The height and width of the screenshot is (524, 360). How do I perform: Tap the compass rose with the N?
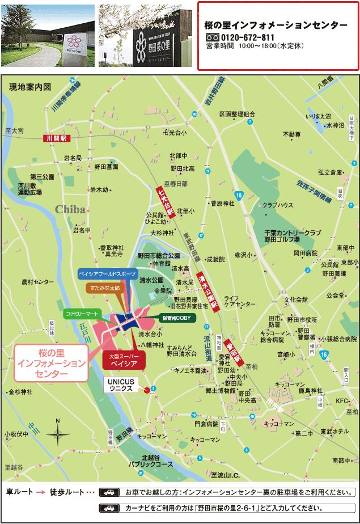(57, 434)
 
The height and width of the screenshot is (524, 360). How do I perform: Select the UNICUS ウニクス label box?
(121, 385)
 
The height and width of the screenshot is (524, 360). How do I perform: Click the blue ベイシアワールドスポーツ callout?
(107, 273)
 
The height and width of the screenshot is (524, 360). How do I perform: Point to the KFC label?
(341, 401)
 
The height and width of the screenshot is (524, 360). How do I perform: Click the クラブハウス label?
(277, 205)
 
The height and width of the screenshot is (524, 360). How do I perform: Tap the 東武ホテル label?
(334, 432)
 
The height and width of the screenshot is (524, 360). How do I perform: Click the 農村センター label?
(37, 281)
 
